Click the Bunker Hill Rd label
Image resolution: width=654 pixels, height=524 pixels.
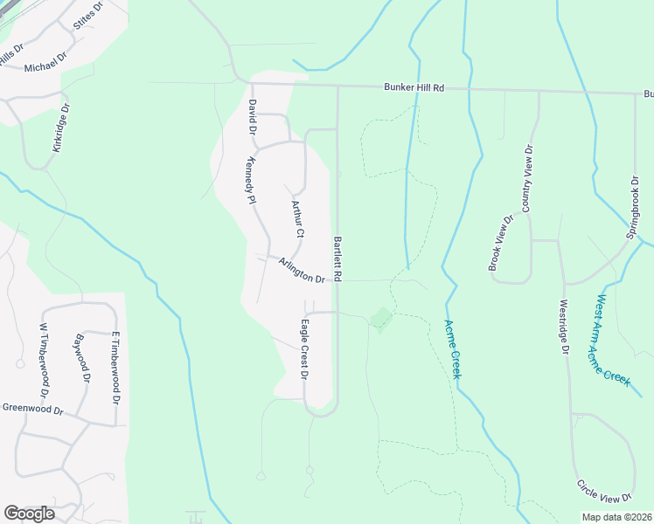point(414,87)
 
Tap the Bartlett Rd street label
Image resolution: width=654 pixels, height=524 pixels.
point(337,258)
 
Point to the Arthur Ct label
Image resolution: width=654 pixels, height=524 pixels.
point(297,218)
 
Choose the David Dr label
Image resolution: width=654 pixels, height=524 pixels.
point(252,116)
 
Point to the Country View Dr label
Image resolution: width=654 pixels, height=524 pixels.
point(527,178)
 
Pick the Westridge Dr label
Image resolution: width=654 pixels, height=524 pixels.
point(565,327)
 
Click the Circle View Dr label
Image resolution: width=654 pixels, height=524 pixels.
point(604,491)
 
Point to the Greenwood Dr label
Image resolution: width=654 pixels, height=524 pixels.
point(33,409)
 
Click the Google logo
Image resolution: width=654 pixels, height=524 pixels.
point(29,513)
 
